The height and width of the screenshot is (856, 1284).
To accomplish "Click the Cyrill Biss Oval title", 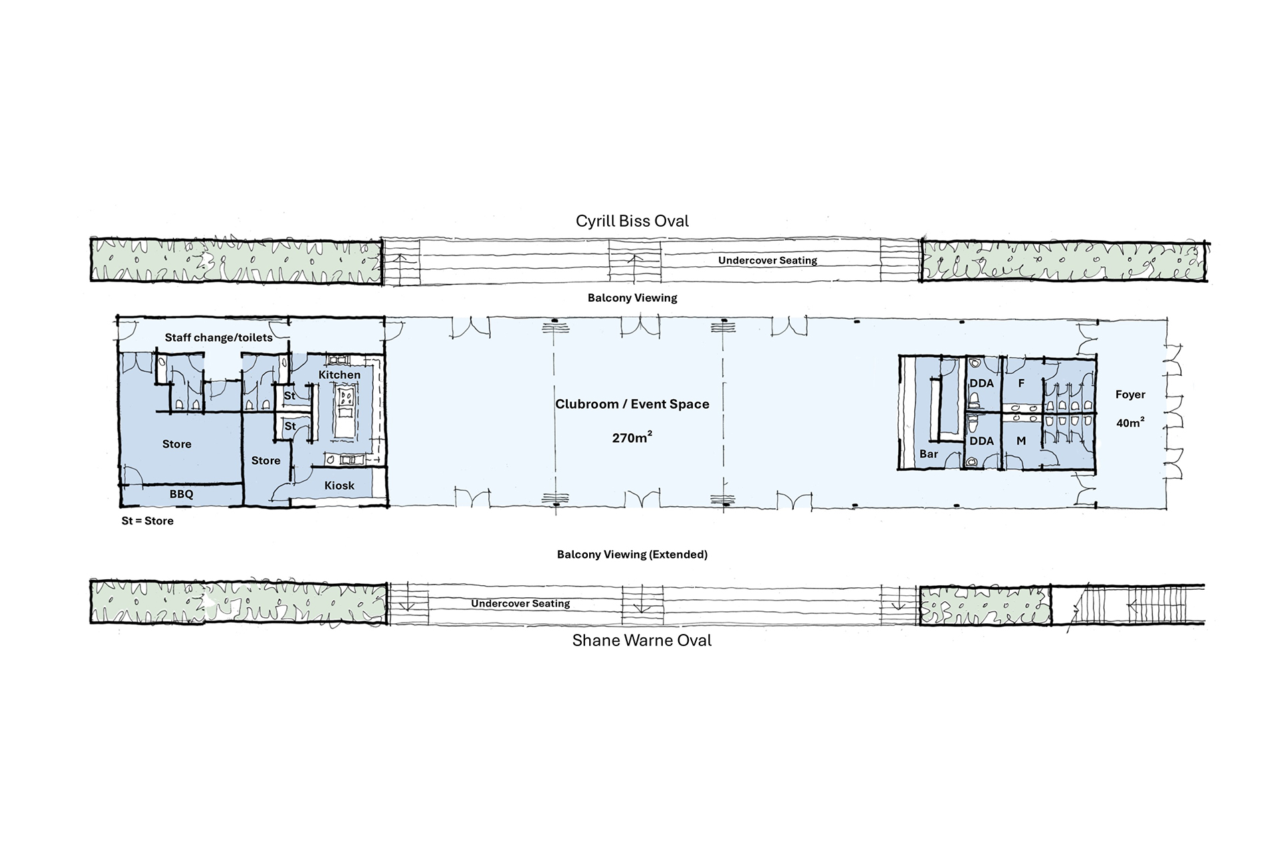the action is click(632, 221).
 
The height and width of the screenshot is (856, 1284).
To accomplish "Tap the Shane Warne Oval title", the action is click(642, 641).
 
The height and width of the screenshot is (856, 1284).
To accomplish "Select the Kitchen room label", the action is click(339, 374).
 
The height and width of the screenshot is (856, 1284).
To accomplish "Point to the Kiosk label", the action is click(339, 486).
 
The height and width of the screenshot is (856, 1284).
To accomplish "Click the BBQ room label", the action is click(181, 494).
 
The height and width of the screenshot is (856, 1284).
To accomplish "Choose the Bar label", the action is click(929, 454).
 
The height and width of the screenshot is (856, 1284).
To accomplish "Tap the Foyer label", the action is click(1130, 395).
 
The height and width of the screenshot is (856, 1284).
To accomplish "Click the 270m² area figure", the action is click(632, 438).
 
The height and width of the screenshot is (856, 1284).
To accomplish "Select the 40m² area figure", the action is click(1130, 423).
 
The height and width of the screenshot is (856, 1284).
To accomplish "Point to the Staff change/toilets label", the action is click(219, 338).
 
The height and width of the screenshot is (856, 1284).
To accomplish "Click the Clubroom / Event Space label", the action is click(632, 404).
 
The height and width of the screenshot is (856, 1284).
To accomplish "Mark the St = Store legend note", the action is click(147, 521).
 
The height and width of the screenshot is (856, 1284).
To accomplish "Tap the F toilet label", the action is click(1021, 384).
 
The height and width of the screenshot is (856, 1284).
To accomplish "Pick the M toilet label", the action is click(1021, 441).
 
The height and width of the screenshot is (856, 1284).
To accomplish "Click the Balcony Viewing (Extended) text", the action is click(632, 554).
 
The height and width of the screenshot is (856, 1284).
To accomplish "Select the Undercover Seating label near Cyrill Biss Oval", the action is click(768, 261).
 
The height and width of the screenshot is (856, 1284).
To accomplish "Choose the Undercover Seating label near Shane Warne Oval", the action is click(520, 604).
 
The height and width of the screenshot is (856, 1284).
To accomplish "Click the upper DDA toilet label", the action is click(982, 384).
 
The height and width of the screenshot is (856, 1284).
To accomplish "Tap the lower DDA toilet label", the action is click(982, 441).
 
